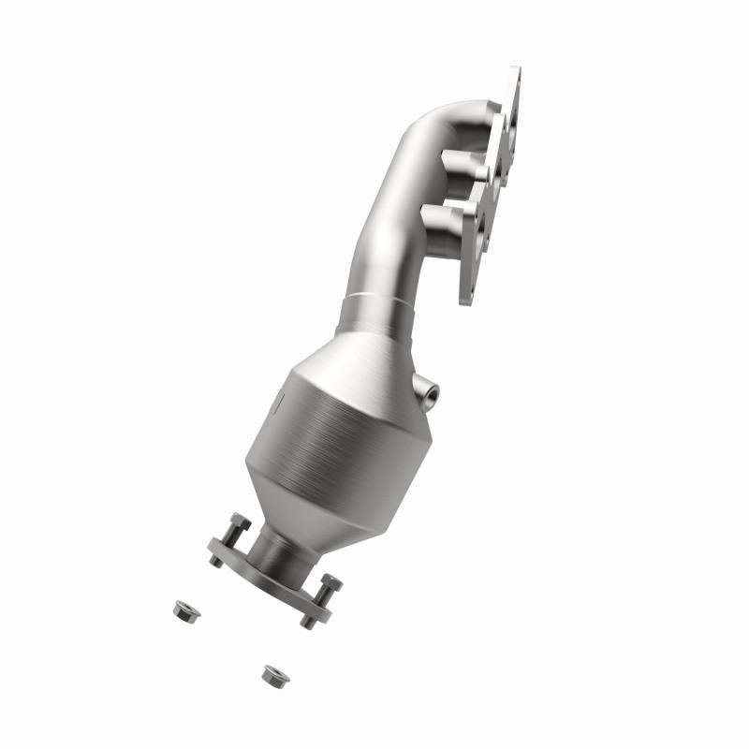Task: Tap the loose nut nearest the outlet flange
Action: point(182,609)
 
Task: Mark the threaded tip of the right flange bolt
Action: point(307,622)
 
